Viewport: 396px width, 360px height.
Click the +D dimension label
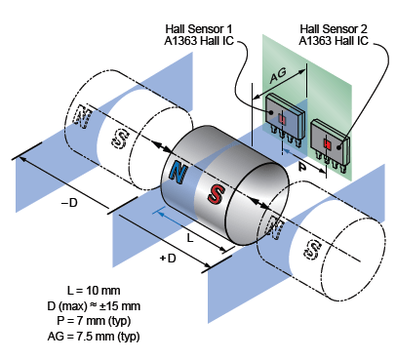click(x=167, y=259)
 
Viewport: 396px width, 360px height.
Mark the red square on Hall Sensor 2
click(x=328, y=144)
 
